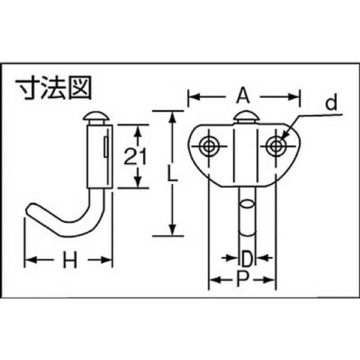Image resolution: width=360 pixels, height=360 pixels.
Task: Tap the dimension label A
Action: [242, 94]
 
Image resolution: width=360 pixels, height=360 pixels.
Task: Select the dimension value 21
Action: [136, 157]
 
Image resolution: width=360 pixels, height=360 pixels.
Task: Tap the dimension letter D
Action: [247, 259]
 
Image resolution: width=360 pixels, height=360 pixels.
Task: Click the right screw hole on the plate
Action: [276, 145]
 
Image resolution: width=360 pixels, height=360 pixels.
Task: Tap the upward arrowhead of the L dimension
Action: [172, 116]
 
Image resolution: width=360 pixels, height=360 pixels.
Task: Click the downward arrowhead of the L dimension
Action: [172, 230]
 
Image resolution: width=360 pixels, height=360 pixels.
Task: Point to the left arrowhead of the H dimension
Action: [29, 260]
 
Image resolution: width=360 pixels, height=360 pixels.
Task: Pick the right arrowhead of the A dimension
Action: [295, 94]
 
